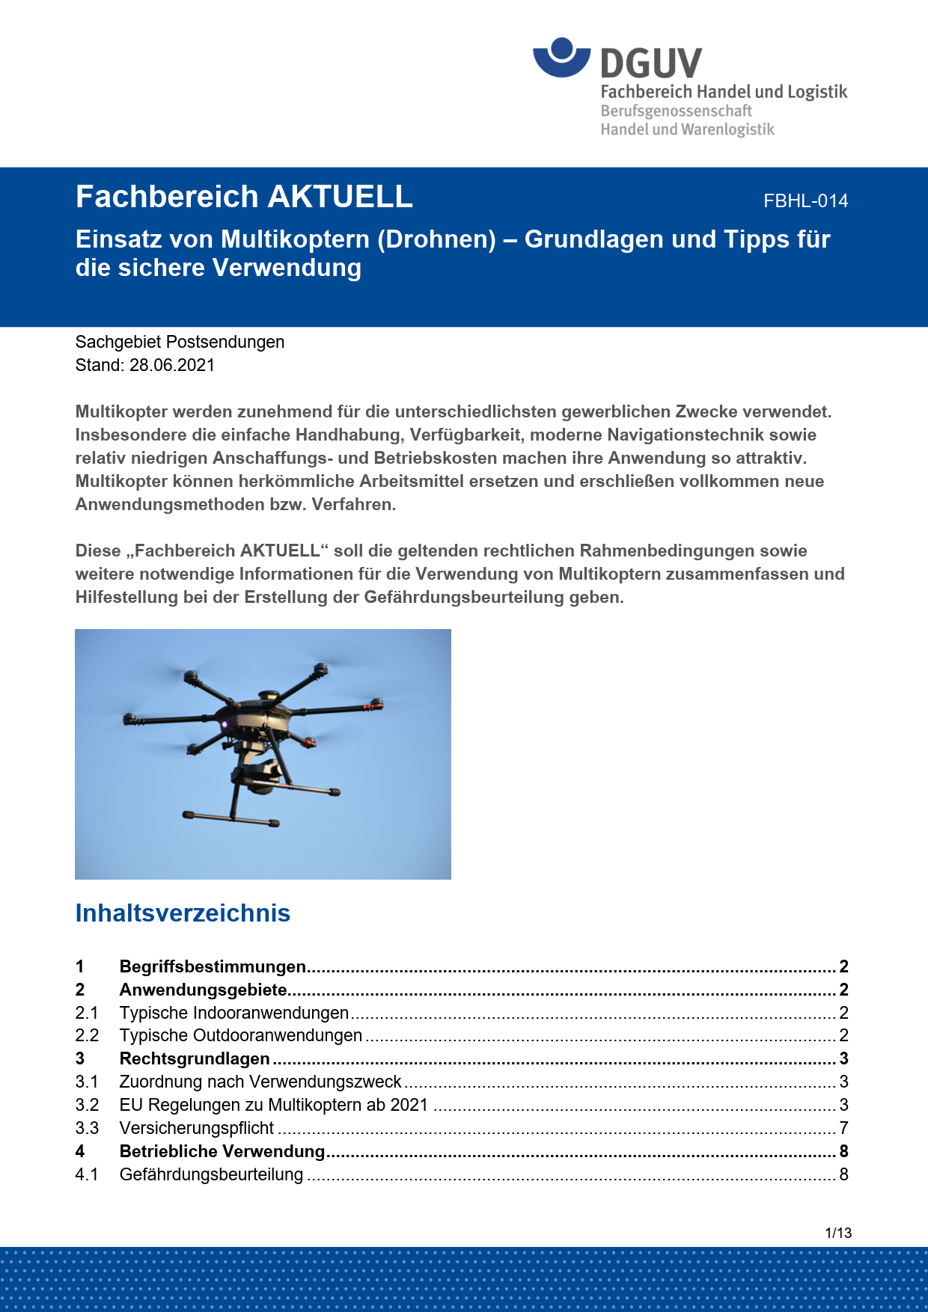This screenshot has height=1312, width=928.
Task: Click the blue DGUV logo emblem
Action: tap(561, 58)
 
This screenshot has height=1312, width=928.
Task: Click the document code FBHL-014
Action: tap(805, 201)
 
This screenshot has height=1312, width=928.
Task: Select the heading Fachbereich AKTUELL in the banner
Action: tap(244, 197)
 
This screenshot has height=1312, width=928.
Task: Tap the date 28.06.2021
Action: tap(172, 365)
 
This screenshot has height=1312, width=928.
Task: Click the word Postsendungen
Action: tap(225, 342)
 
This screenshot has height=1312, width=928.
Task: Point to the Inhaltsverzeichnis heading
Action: tap(183, 913)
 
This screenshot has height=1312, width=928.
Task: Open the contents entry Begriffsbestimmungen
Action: tap(213, 966)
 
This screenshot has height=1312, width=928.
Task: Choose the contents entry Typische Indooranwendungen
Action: tap(233, 1013)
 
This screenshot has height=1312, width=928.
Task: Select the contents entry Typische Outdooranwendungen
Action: tap(240, 1035)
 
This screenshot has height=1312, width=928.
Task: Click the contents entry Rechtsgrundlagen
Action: tap(195, 1058)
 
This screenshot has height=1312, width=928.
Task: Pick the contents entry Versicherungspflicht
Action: tap(197, 1128)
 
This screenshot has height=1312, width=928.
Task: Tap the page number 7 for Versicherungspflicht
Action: tap(843, 1128)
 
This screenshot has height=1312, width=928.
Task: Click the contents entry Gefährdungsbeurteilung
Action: tap(211, 1174)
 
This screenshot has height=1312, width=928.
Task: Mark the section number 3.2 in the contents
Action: tap(87, 1105)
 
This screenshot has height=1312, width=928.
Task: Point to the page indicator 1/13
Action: tap(838, 1233)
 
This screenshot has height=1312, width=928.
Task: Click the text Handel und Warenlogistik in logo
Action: tap(687, 129)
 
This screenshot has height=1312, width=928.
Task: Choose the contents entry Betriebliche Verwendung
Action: tap(222, 1151)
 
